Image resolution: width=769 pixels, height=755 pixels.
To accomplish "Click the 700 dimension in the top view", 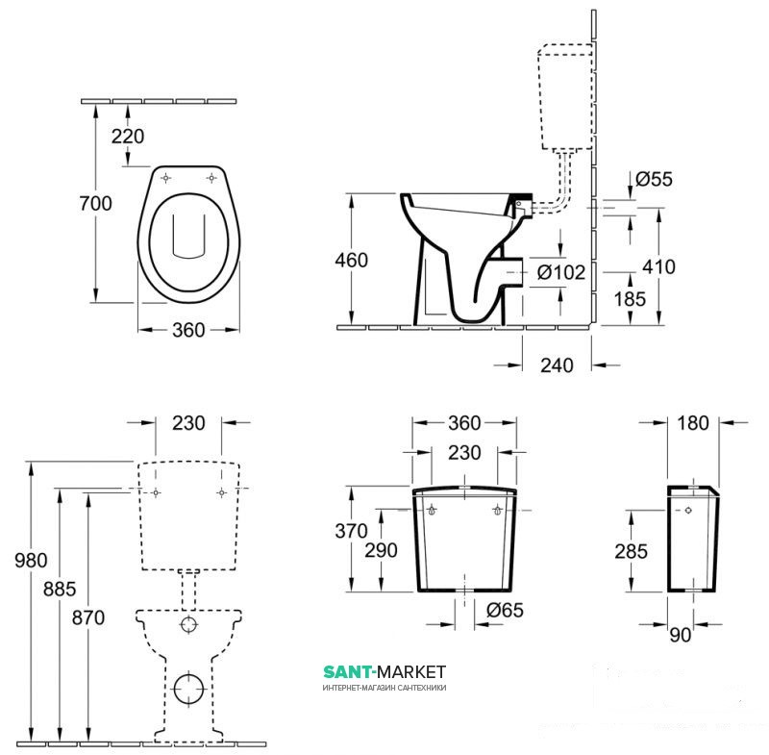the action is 95,203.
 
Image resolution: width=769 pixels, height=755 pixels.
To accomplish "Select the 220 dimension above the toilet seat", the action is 128,136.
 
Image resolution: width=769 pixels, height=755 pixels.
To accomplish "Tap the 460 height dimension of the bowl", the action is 351,260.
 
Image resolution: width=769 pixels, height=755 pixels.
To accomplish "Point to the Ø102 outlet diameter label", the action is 561,272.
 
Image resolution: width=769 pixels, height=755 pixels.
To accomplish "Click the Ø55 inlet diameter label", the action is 655,179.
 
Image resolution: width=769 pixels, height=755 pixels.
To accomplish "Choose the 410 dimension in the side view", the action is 658,266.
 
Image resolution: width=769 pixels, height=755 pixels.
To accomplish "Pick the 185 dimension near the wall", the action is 630,298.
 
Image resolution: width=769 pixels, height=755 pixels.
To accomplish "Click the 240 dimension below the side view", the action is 557,365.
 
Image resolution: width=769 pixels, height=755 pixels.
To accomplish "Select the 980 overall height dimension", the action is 31,560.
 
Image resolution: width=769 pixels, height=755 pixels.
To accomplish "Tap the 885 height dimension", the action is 60,589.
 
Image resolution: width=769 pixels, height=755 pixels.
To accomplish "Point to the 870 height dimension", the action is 88,617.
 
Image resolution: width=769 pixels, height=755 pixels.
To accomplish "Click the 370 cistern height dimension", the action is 351,531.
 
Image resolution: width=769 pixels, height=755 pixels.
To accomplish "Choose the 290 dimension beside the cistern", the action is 381,550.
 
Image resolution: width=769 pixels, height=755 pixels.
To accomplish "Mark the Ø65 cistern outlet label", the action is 506,611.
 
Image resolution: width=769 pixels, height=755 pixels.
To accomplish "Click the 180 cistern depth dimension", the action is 693,423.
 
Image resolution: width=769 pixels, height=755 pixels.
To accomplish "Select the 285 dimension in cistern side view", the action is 632,551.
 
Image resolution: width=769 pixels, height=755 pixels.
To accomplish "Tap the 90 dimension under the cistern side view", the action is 681,635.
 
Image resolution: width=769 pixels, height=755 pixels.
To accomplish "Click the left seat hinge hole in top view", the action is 166,178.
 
